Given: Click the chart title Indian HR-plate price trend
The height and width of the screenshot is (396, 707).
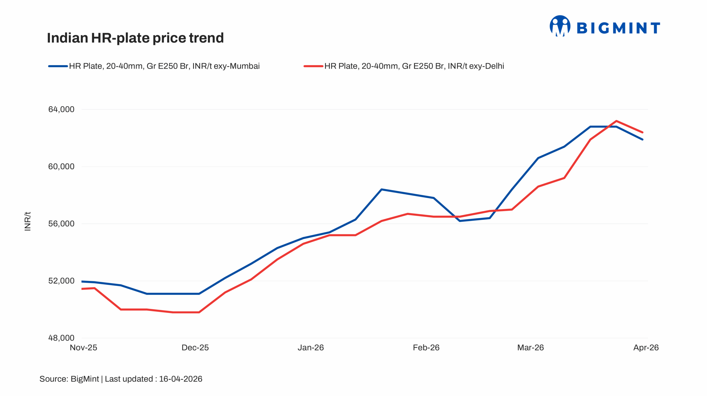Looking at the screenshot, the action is point(135,38).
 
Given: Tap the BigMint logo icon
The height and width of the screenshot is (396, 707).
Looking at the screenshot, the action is point(560,26).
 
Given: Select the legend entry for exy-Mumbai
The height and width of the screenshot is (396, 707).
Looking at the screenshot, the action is point(154,66).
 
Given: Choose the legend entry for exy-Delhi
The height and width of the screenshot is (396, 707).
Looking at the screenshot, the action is point(404,66).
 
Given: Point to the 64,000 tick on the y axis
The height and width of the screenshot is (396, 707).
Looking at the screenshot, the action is point(61,110).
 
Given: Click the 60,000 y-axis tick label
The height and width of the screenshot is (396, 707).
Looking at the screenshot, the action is point(61,167).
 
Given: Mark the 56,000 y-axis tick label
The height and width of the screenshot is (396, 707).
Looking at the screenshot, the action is point(61,224).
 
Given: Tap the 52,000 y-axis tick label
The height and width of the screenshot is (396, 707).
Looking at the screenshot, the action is point(61,281).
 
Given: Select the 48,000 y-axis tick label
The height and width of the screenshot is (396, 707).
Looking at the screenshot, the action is point(61,338).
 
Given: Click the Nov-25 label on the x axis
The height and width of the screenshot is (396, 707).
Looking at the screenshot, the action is point(83,348).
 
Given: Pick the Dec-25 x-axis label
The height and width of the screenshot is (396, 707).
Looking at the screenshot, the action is point(195,348).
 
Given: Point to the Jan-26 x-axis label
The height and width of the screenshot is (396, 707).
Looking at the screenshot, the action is point(311,348).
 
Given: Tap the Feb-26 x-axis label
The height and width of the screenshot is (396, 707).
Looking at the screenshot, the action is point(426,348).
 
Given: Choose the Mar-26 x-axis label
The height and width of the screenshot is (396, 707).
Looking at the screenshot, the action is point(531,348).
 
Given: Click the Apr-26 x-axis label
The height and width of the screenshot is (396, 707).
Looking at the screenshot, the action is point(646,348).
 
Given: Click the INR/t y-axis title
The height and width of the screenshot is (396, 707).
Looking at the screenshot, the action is point(28,221).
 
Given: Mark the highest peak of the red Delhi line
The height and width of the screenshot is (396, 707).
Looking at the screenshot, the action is point(616,121).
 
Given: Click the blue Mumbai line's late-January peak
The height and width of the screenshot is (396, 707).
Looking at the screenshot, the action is point(381,190).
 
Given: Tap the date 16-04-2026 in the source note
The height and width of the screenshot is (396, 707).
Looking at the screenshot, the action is point(181,379).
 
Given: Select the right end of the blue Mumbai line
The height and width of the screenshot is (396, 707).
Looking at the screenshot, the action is point(642,139).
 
